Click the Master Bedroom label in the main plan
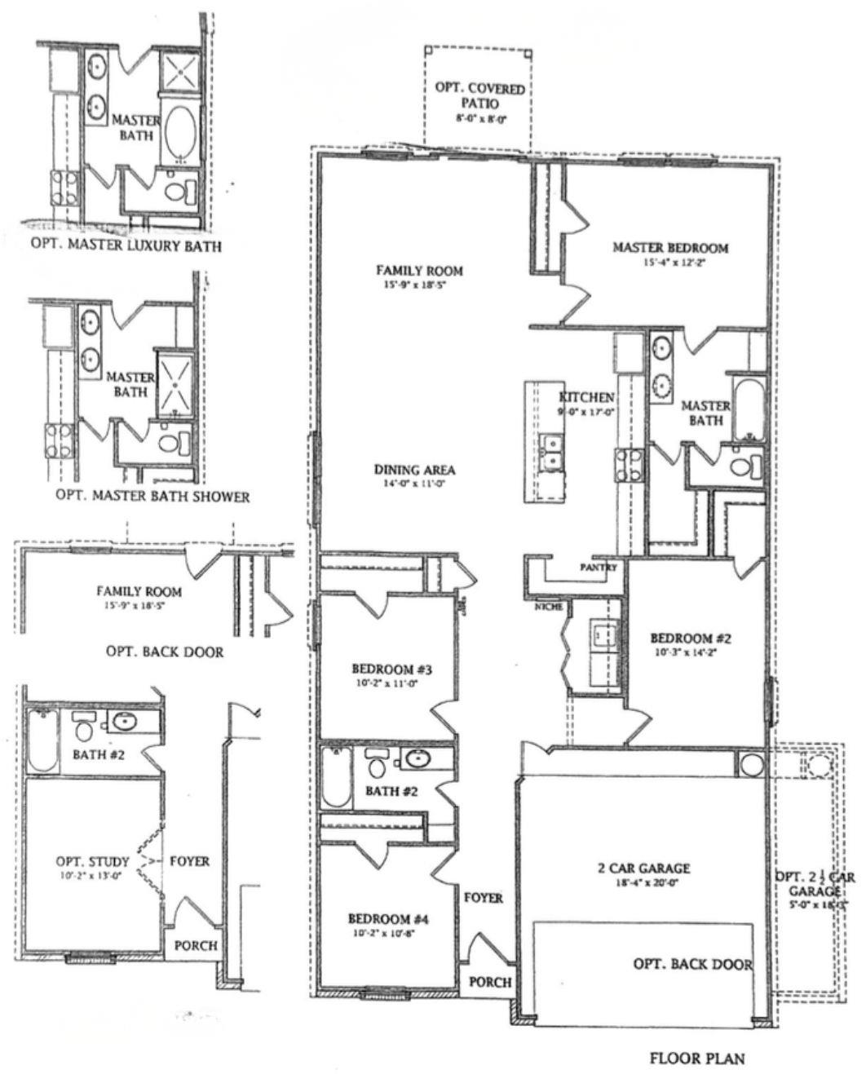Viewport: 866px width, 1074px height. point(670,247)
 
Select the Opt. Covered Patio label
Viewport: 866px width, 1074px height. point(479,95)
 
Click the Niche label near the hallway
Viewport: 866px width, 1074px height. point(544,607)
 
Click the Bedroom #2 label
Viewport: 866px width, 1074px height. point(690,639)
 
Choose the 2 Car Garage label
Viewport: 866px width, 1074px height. point(644,868)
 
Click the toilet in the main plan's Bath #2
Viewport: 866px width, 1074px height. point(377,764)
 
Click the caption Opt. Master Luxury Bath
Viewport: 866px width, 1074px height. point(126,245)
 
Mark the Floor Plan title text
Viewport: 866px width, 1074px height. point(696,1059)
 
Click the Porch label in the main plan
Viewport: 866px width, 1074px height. point(490,982)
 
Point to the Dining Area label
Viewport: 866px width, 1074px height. point(414,470)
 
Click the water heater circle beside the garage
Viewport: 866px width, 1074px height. point(750,764)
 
